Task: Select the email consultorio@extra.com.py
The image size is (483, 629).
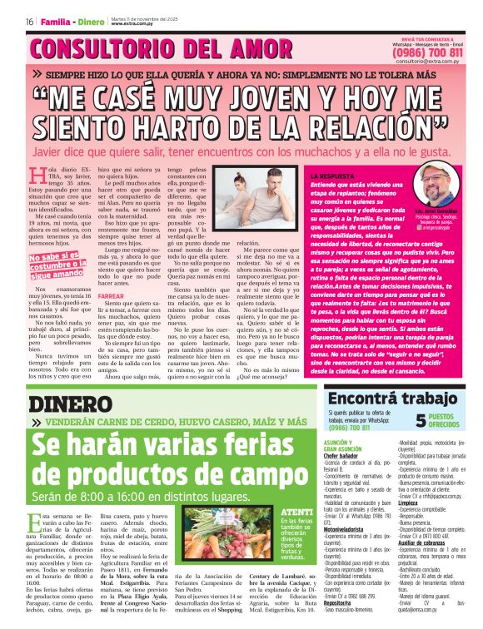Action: [428, 62]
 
